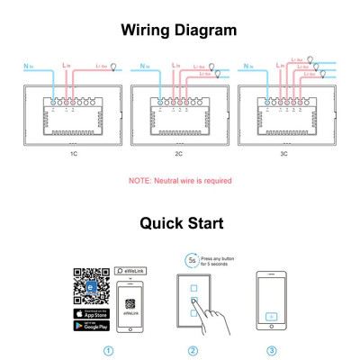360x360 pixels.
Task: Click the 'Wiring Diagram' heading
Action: click(179, 29)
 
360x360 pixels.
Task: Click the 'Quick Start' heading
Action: click(180, 222)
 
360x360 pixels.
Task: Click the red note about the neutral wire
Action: click(180, 181)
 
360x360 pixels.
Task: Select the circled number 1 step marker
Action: click(108, 350)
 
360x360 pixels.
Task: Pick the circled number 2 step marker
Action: click(192, 350)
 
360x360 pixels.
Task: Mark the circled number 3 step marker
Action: click(272, 350)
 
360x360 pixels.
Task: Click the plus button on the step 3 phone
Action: click(272, 319)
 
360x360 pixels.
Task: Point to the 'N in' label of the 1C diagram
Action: click(27, 66)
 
